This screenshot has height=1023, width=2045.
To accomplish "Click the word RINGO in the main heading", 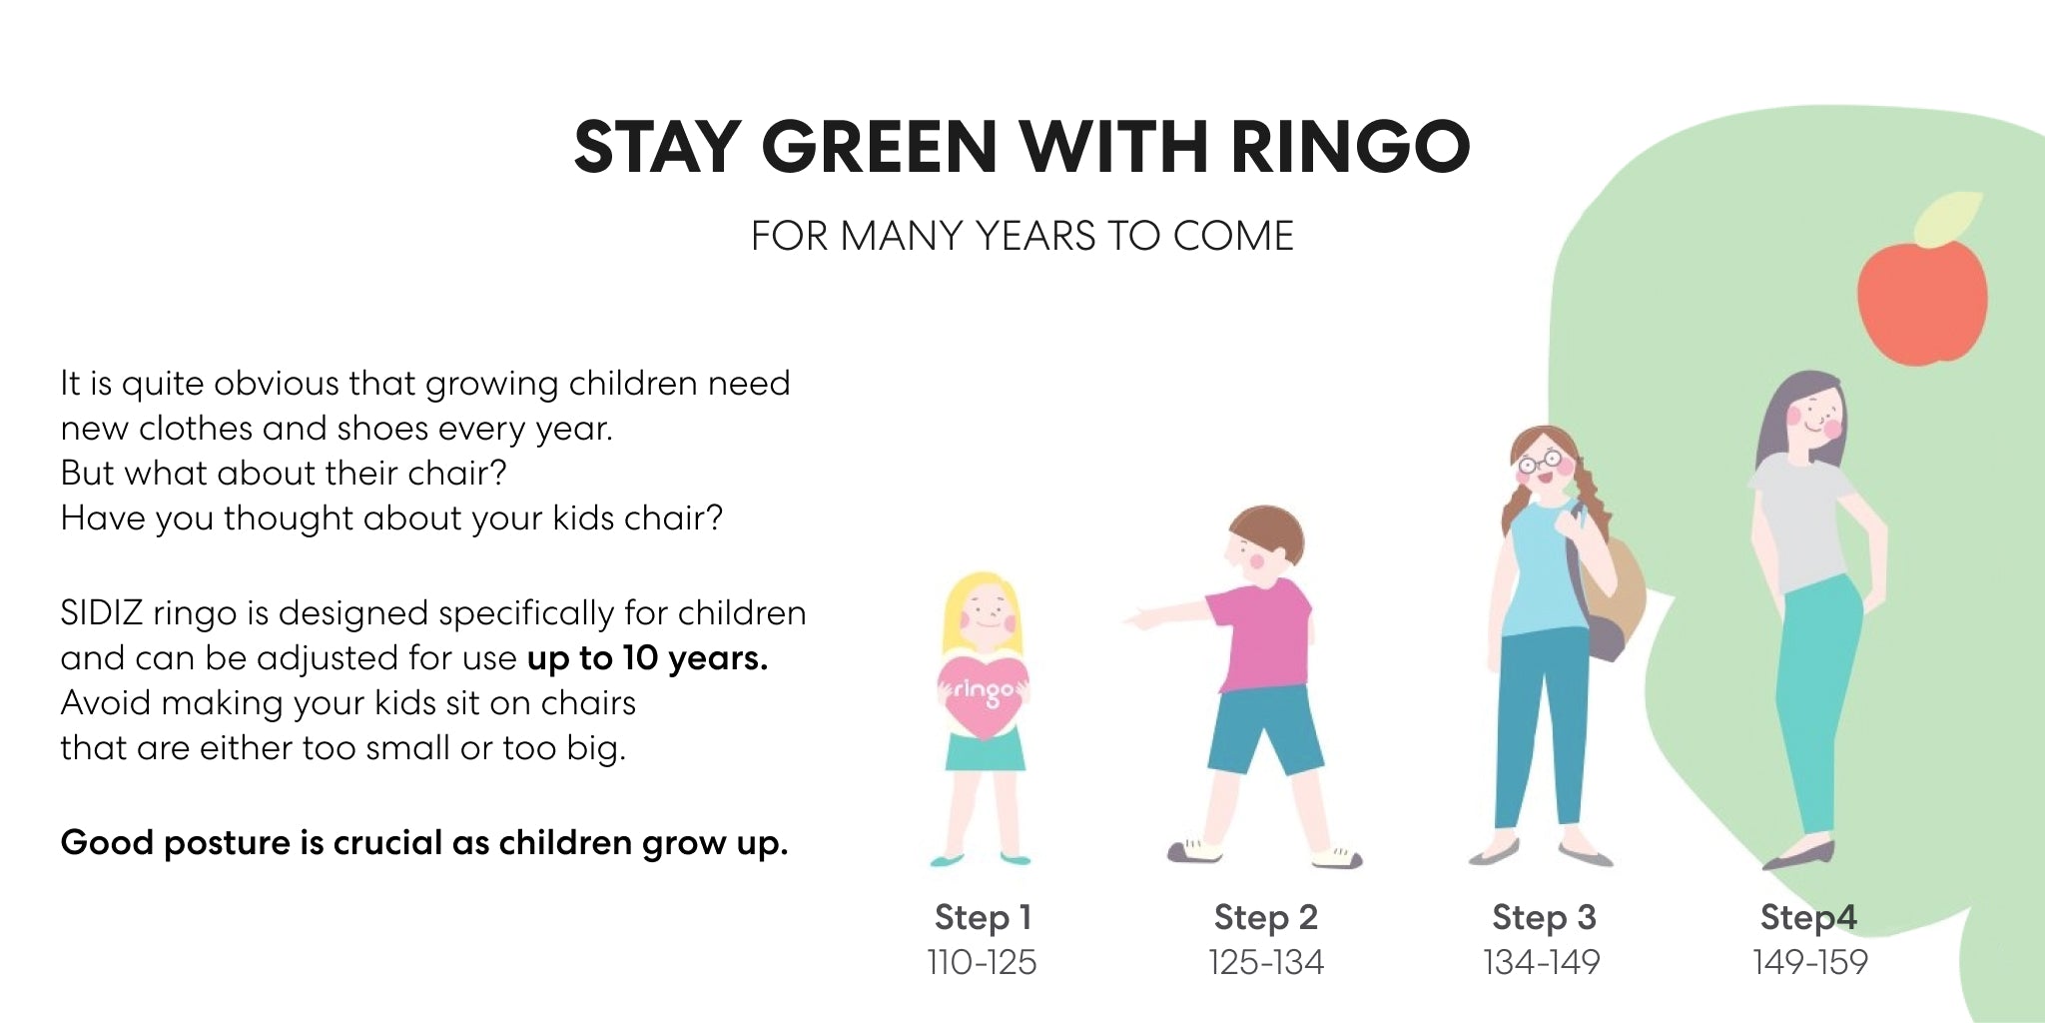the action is click(1350, 147).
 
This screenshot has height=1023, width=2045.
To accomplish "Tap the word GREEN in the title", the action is click(879, 147).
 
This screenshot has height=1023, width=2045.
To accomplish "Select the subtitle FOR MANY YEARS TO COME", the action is click(1022, 236).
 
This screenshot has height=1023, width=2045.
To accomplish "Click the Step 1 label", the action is click(983, 917).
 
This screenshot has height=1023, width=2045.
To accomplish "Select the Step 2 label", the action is click(1266, 917).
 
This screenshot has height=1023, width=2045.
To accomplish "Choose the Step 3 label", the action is click(1544, 917).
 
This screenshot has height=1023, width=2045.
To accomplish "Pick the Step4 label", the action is click(1808, 917).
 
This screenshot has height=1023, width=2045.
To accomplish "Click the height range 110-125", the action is click(982, 962).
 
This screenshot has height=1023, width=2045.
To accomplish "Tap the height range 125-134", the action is click(1266, 962).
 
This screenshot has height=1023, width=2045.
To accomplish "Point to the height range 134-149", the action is click(1542, 962).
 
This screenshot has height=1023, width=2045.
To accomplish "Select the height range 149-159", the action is click(1810, 962).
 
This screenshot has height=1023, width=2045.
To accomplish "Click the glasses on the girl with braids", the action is click(1540, 462).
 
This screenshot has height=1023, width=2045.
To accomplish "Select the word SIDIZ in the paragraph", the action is click(102, 612).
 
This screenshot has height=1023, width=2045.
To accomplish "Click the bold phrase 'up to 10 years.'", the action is click(647, 658).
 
